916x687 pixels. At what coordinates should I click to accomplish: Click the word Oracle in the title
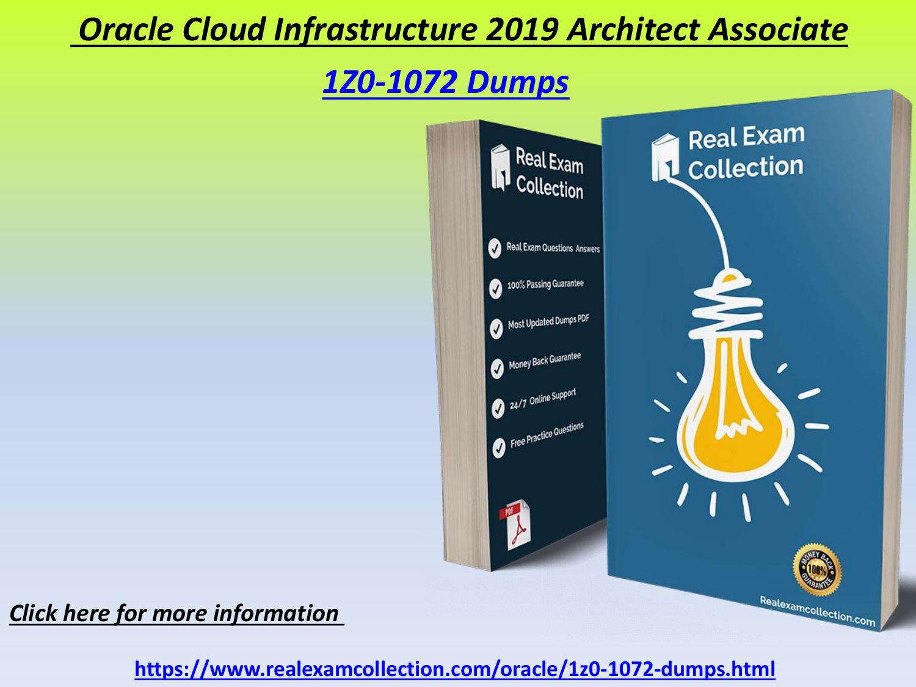(x=126, y=29)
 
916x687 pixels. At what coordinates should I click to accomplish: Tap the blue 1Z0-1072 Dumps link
(x=446, y=82)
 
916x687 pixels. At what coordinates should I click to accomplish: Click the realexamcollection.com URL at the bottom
(x=455, y=669)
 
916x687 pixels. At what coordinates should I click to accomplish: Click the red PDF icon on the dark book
(x=516, y=525)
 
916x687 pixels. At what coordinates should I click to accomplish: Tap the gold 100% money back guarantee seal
(x=817, y=570)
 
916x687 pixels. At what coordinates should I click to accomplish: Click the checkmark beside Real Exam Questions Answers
(x=495, y=249)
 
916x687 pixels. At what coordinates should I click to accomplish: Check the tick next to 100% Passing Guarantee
(x=496, y=289)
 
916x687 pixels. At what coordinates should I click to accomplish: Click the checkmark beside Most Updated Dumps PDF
(x=496, y=329)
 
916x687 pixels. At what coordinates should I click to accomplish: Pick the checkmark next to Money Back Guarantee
(x=497, y=369)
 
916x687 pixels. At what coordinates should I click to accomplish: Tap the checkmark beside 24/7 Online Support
(x=498, y=409)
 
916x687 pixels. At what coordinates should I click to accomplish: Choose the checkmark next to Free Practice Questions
(x=499, y=448)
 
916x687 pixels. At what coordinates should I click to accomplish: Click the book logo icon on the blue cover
(x=665, y=158)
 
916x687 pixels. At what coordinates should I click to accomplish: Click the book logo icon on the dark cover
(x=500, y=167)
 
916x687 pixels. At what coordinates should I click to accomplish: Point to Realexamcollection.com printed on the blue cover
(x=817, y=611)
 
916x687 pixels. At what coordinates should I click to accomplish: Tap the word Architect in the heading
(x=633, y=29)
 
